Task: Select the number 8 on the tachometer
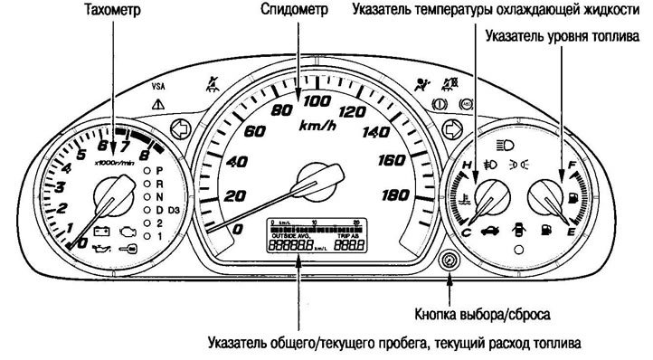145,144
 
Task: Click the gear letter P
160,170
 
